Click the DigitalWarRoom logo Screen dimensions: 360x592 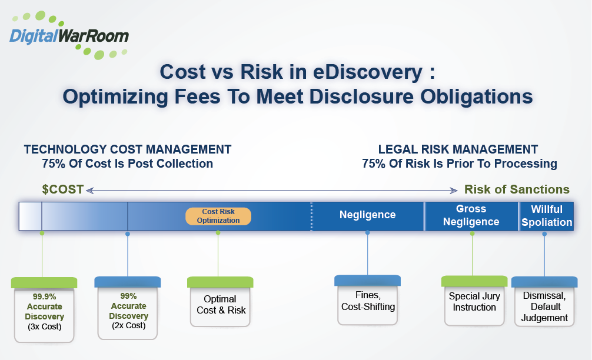(69, 35)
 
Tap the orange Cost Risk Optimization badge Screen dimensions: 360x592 (218, 216)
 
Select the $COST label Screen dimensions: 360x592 (63, 189)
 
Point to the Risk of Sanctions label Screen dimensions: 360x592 (517, 189)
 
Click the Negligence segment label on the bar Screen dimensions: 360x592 (367, 215)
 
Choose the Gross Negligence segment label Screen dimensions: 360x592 (471, 215)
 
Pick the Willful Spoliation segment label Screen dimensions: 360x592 (547, 215)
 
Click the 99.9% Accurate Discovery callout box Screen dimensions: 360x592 (45, 312)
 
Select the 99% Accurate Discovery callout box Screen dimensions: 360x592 (128, 311)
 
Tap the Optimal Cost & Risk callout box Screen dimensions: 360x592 (220, 305)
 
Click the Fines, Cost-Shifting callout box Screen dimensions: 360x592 (368, 301)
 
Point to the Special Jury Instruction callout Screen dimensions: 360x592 (474, 302)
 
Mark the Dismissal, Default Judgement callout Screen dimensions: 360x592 (544, 306)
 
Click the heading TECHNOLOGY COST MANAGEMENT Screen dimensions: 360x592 (128, 149)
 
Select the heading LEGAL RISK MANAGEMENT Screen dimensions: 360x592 (458, 149)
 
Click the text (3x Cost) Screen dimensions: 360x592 (45, 326)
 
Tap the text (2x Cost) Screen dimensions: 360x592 (128, 325)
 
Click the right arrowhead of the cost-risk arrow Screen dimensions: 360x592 (454, 190)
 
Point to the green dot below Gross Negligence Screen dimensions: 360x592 (472, 234)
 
